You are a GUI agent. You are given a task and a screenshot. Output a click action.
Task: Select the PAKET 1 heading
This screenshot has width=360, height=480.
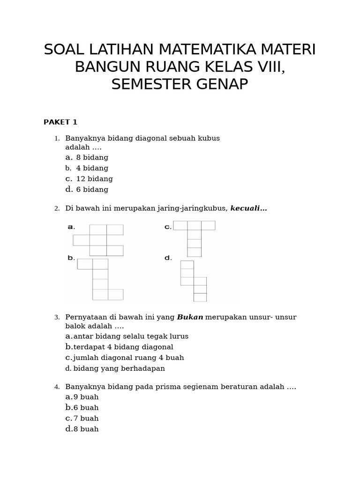[60, 122]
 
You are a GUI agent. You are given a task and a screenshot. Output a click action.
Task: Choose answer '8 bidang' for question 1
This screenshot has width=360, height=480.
[92, 157]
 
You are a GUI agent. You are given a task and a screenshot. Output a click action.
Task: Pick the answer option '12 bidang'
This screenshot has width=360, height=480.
[94, 179]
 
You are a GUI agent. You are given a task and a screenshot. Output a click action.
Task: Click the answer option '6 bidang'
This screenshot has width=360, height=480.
[92, 190]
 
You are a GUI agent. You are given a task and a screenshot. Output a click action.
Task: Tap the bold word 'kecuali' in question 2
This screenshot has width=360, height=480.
[248, 209]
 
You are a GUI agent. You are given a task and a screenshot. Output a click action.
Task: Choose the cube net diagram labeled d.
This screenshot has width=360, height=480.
[194, 280]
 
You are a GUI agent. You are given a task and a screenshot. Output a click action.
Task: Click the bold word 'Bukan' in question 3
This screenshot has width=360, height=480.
[190, 317]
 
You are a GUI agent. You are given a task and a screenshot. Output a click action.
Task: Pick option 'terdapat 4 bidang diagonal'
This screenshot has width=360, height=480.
[123, 347]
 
